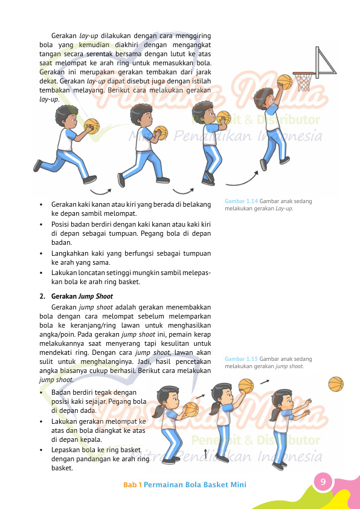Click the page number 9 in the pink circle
coord(323,481)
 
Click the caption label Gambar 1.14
coord(241,201)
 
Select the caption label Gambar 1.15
coord(241,359)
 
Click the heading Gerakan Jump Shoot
coord(82,296)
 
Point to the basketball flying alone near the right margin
coord(336,384)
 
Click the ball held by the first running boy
coord(92,126)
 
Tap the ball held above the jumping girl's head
coord(246,386)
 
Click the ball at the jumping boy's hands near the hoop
coord(284,82)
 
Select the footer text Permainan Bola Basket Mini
coord(195,485)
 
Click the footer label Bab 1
coord(132,485)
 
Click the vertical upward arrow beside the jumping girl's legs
coord(205,454)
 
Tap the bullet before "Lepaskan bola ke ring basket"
coord(41,450)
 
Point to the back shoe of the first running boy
coord(37,166)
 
